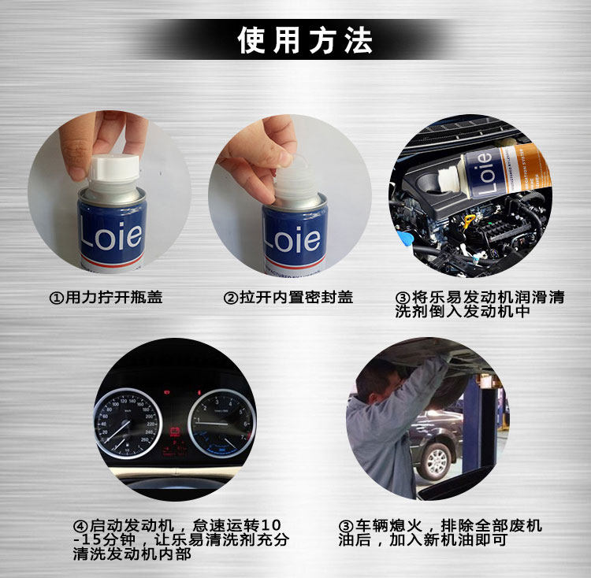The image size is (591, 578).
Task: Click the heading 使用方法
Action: click(305, 40)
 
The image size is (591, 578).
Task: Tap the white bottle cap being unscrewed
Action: click(114, 172)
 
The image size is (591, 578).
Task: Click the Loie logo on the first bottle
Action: click(111, 236)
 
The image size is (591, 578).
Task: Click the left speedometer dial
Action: click(128, 423)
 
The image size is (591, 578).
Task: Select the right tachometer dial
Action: click(221, 423)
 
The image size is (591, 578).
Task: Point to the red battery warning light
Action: click(174, 432)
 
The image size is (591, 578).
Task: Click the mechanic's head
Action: click(377, 380)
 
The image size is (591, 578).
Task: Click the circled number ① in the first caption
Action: click(57, 298)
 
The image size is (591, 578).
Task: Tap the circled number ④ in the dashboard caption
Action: click(80, 526)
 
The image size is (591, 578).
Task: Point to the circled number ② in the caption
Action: click(231, 298)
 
